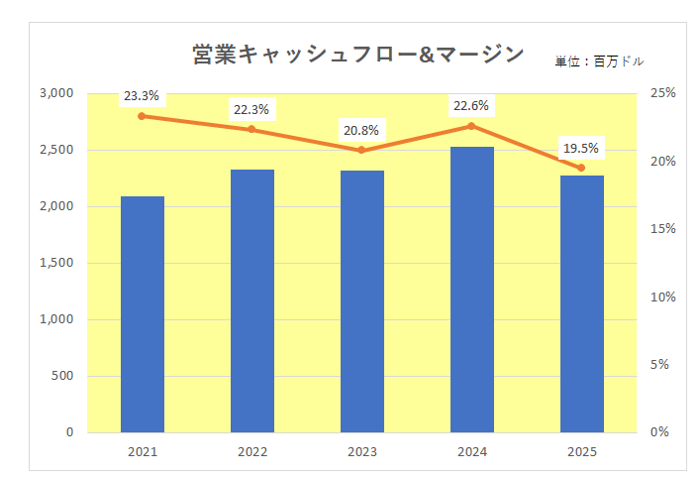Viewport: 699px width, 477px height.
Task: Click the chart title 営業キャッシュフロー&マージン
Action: click(357, 55)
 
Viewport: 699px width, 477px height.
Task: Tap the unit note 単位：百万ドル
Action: click(599, 61)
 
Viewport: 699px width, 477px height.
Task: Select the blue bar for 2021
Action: click(143, 314)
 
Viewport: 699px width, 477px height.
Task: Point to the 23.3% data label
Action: click(142, 96)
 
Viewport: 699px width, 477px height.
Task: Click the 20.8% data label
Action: click(360, 130)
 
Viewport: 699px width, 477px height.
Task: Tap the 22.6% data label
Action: click(470, 106)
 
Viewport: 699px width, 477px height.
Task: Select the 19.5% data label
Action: click(580, 149)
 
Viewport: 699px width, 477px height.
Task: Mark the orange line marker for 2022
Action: click(251, 129)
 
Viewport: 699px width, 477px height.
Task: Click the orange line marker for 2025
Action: click(581, 168)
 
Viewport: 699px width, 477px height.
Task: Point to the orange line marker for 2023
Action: click(361, 150)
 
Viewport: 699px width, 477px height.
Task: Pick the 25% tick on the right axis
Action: click(662, 93)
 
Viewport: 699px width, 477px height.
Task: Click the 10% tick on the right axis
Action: click(662, 297)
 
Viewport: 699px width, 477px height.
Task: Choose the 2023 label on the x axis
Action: click(361, 452)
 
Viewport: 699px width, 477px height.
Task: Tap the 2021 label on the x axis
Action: click(143, 452)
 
